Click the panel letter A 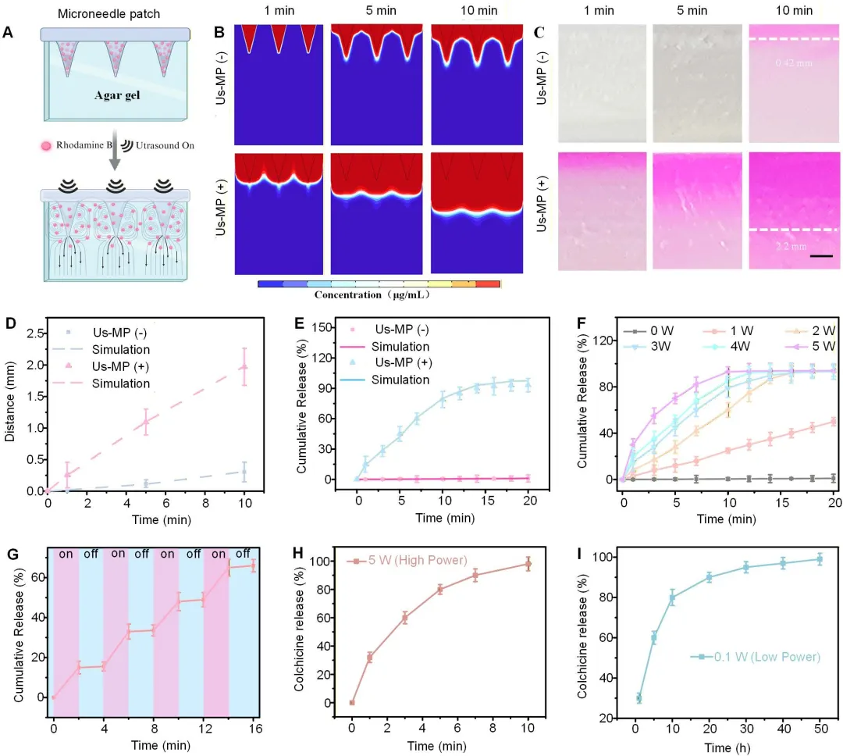(9, 33)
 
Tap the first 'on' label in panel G (66, 554)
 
